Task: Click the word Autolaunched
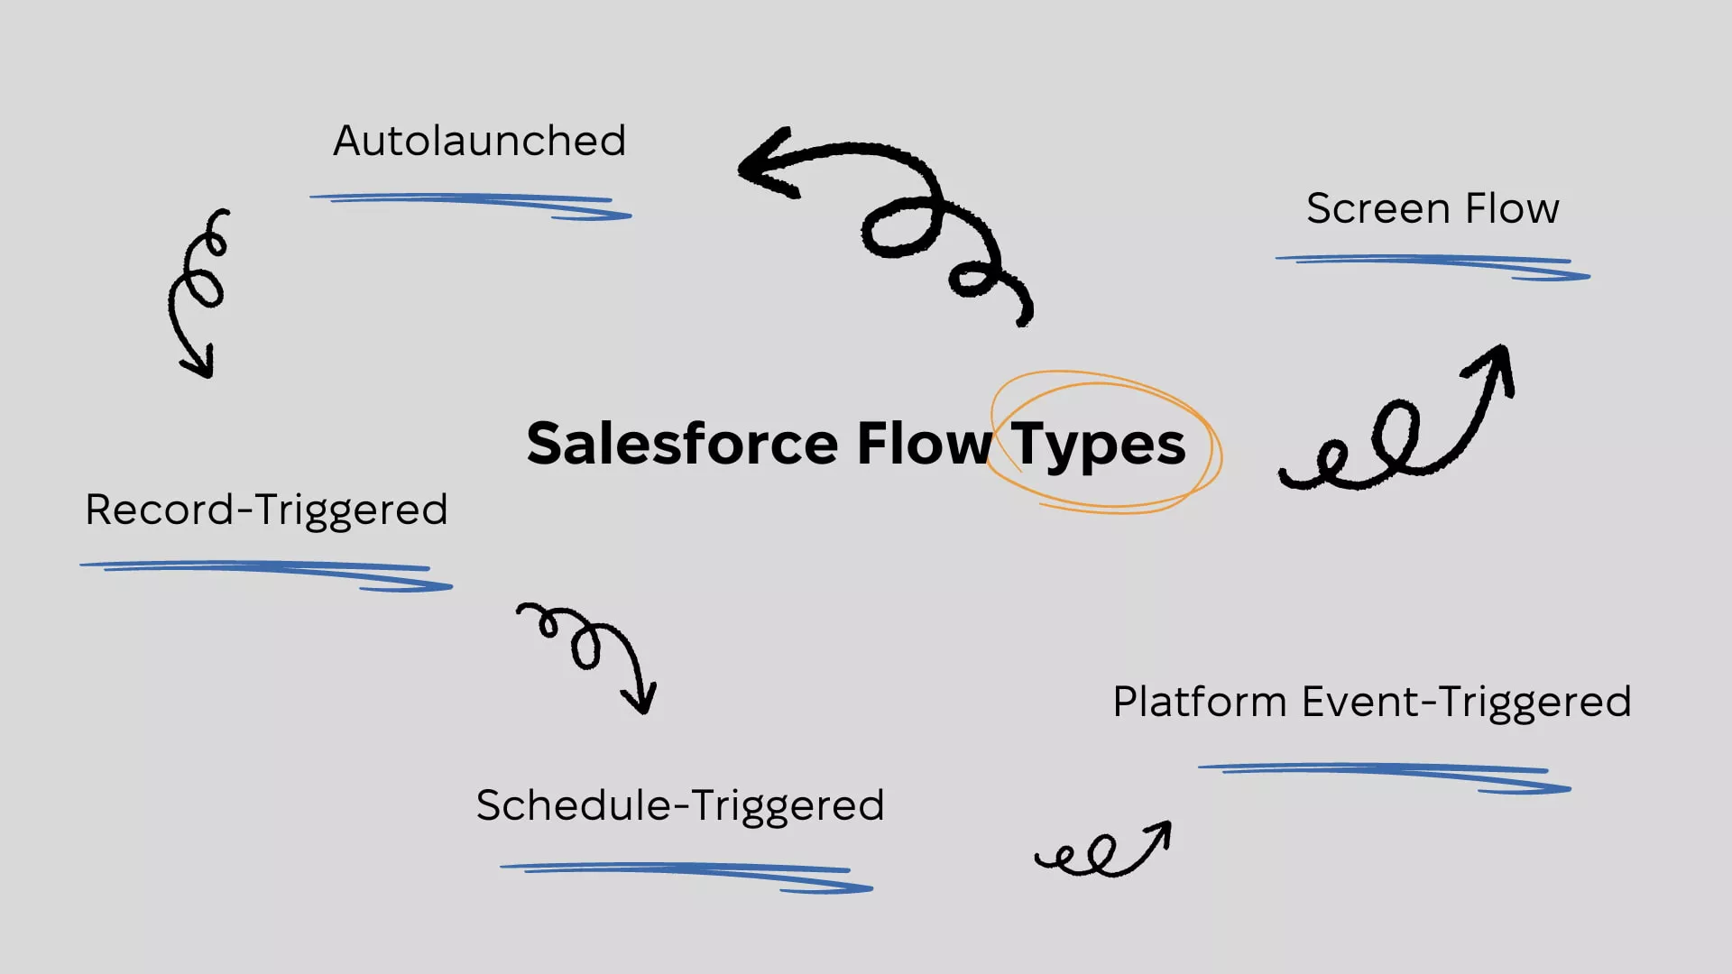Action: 479,141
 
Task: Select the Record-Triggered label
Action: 266,510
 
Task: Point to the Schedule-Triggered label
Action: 680,805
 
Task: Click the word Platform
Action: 1199,702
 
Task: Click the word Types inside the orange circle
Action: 1097,444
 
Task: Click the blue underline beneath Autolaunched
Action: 469,204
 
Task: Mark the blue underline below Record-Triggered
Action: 266,573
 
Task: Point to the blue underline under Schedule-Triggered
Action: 686,875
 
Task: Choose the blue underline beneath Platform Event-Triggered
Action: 1385,776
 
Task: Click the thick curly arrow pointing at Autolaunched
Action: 893,216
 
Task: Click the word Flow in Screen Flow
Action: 1512,208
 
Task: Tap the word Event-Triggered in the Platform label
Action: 1467,703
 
